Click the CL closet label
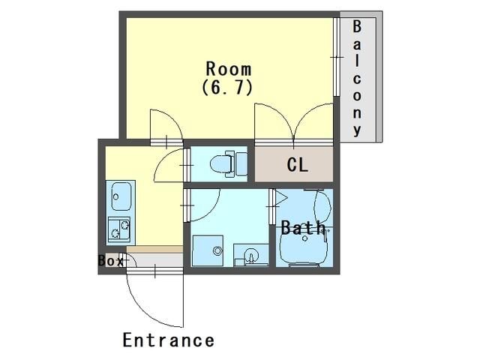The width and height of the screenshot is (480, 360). (x=297, y=165)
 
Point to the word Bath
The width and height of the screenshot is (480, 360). (x=303, y=228)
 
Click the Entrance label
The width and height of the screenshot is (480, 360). (x=168, y=340)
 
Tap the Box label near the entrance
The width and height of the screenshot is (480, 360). (x=110, y=261)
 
